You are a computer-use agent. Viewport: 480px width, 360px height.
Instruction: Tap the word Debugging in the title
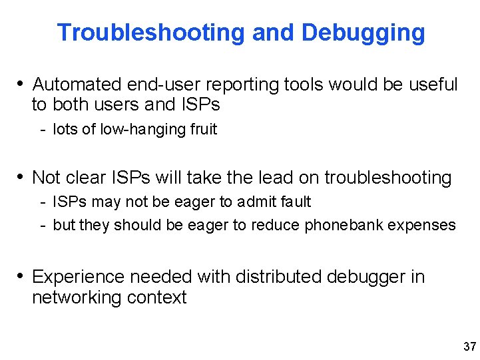(x=363, y=32)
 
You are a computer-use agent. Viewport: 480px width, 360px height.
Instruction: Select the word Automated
(x=77, y=85)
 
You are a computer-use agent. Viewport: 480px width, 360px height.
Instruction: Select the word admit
(x=256, y=202)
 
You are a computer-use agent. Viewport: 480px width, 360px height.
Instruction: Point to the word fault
(x=295, y=202)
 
